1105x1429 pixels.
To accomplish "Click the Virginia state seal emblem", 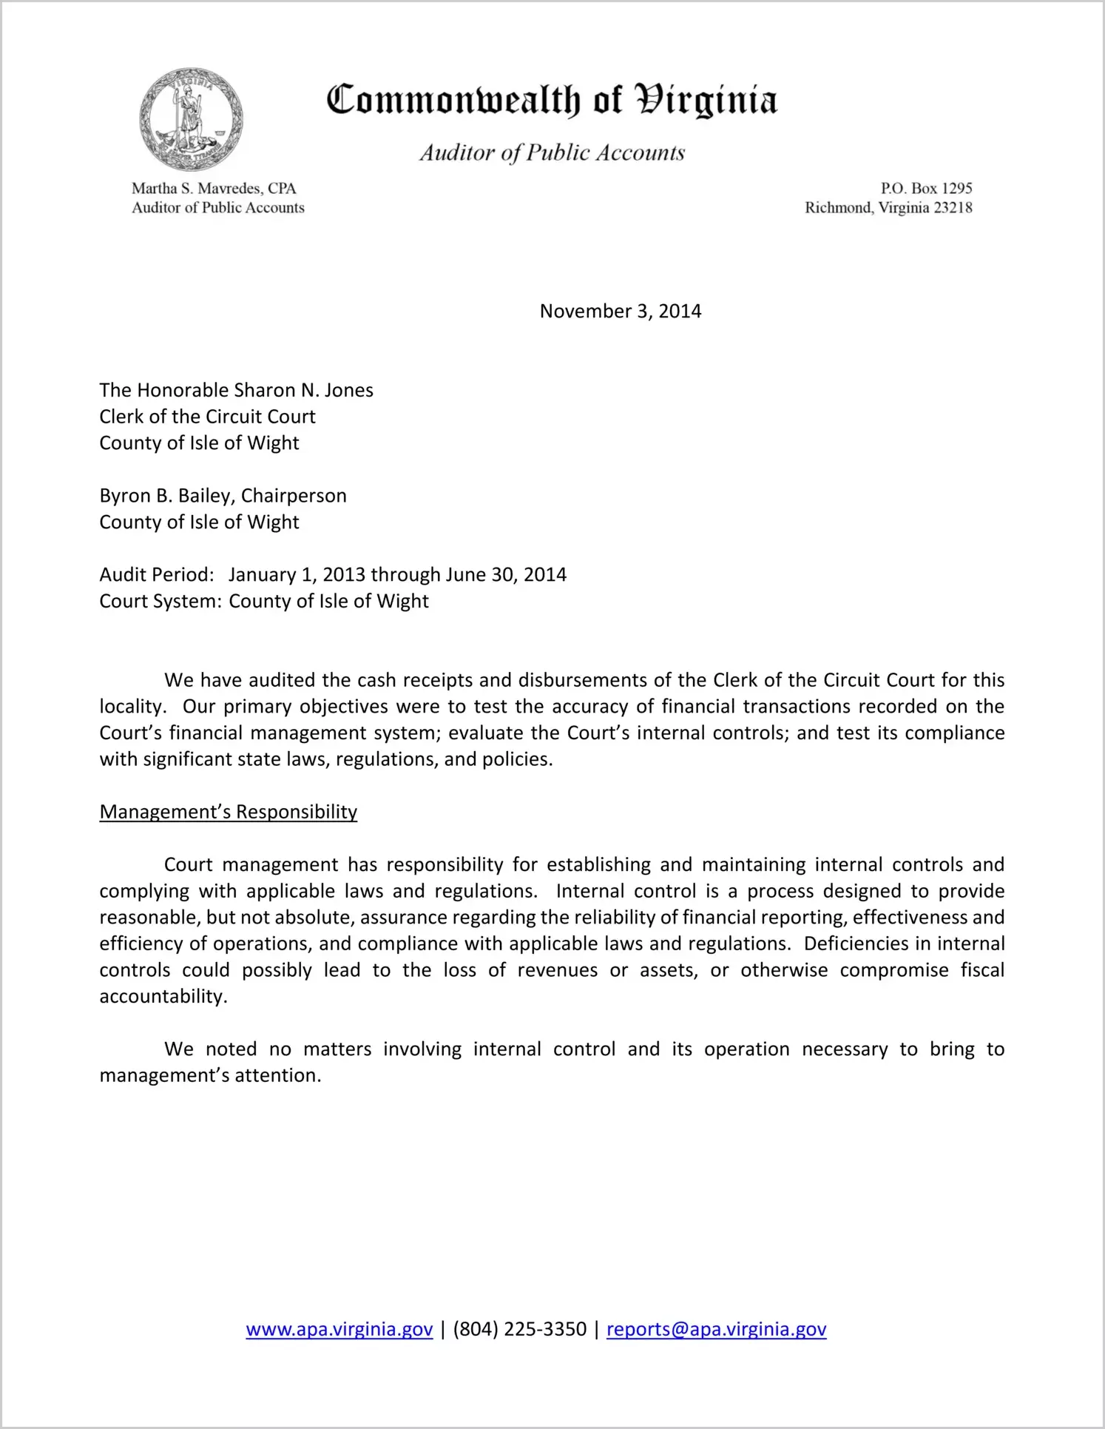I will pos(191,119).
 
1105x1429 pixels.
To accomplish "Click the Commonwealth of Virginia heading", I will pos(552,101).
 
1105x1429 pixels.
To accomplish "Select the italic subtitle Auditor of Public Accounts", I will pos(552,153).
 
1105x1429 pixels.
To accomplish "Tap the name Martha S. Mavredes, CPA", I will pos(214,189).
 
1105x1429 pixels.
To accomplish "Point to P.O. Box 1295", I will pos(925,189).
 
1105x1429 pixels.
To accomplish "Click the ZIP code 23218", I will pos(953,208).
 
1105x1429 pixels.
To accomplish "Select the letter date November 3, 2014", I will pos(620,311).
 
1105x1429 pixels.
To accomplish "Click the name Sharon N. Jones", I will pos(303,390).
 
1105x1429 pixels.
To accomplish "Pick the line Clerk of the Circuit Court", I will pos(207,417).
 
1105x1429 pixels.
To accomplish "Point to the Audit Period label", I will pos(157,575).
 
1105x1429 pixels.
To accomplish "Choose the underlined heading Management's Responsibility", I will pos(228,812).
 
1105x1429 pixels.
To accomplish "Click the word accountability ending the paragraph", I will pos(162,997).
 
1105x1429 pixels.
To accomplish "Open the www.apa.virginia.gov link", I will pos(339,1329).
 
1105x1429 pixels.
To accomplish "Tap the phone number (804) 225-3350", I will pos(519,1329).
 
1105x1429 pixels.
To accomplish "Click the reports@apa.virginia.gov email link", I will pos(716,1329).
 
